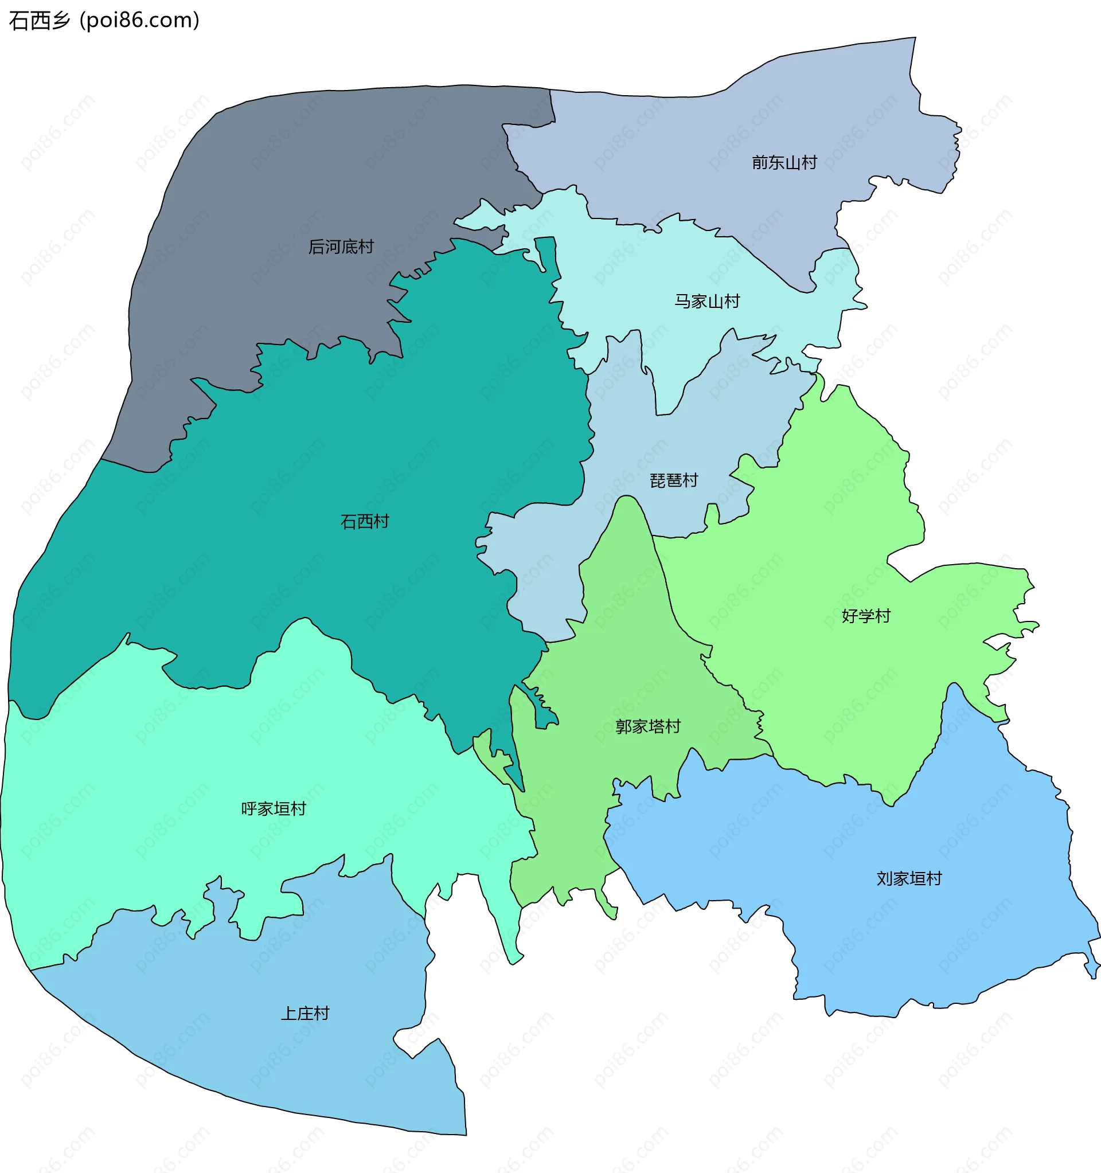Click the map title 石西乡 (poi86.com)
[x=104, y=21]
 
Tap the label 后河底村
[x=341, y=247]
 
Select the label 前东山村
[x=784, y=162]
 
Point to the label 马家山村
[x=707, y=302]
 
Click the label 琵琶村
[x=674, y=481]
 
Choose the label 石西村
[x=365, y=522]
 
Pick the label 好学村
[x=865, y=616]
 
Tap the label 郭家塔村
[x=648, y=726]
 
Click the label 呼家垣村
[x=274, y=808]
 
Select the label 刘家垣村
[x=909, y=878]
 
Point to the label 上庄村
[x=305, y=1013]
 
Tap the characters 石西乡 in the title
[x=40, y=21]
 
